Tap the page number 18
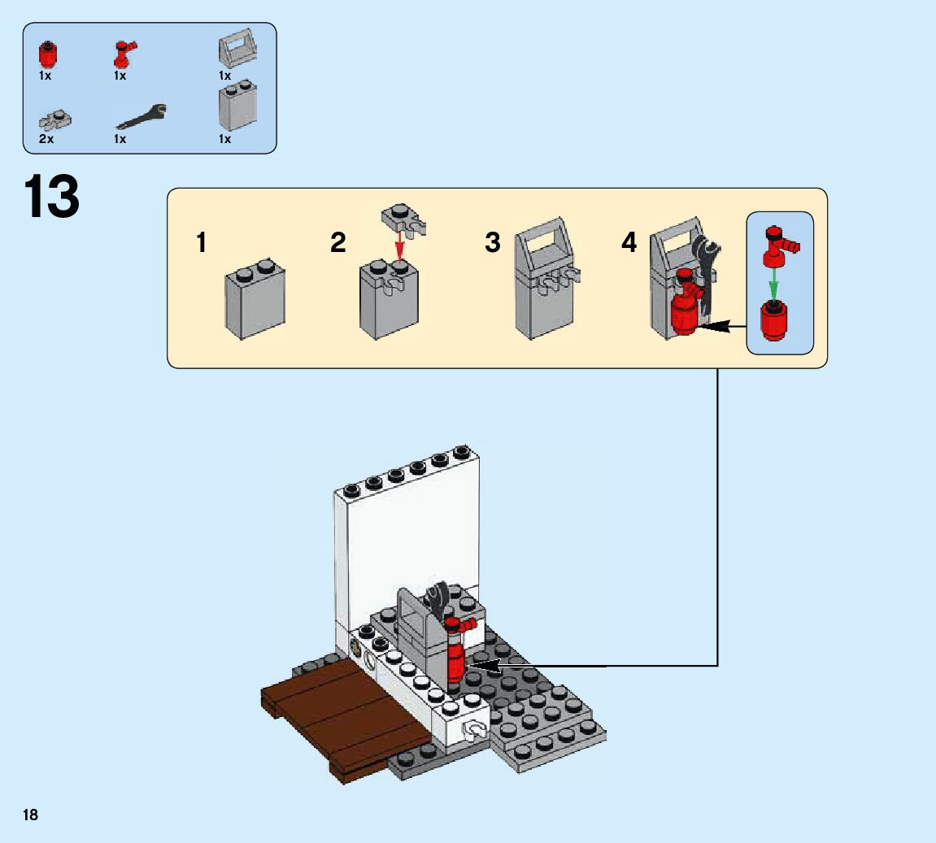coord(30,815)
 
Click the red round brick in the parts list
coord(49,55)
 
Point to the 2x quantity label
coord(46,139)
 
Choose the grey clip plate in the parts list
coord(55,121)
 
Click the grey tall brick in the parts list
coord(237,106)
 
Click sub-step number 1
coord(202,242)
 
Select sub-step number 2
coord(338,242)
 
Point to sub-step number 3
coord(493,242)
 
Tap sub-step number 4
coord(629,242)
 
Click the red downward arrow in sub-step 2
coord(398,245)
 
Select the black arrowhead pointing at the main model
coord(480,666)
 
